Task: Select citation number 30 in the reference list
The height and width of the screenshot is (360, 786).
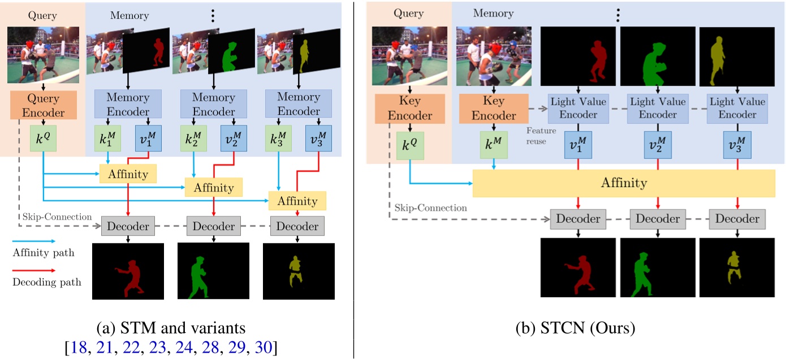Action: [x=264, y=347]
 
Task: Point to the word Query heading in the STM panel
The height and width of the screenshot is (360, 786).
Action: [x=43, y=16]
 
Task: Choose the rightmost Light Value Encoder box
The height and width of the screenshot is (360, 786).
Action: [x=733, y=108]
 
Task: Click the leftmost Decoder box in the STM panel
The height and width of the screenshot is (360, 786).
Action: [x=128, y=226]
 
